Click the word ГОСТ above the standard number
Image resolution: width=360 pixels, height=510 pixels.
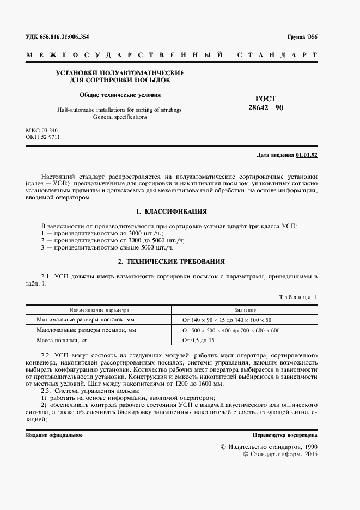(x=266, y=99)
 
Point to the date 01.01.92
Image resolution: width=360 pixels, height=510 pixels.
(x=307, y=155)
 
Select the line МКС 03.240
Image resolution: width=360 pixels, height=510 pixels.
(x=41, y=131)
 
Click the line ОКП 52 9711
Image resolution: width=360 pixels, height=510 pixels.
(x=42, y=137)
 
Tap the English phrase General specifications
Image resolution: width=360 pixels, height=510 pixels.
(x=120, y=117)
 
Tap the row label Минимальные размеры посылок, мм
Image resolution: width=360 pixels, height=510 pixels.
(x=86, y=320)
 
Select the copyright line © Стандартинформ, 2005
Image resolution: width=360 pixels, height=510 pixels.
(x=279, y=453)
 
